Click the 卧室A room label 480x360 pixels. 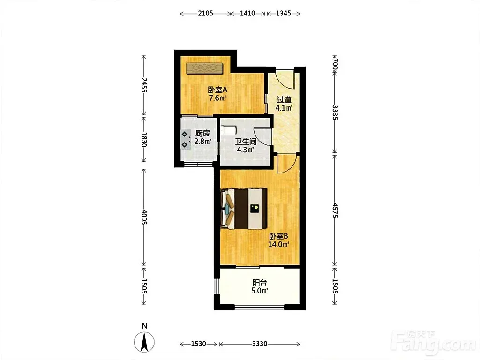(x=217, y=90)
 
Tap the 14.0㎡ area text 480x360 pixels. (x=279, y=244)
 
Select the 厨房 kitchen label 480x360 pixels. (x=202, y=134)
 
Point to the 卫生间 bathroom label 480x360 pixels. (x=246, y=142)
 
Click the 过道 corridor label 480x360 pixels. (x=284, y=100)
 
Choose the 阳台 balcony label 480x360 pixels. (x=260, y=282)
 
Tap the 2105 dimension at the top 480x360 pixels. (x=205, y=14)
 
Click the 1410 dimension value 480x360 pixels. (x=247, y=14)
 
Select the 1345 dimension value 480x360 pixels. (x=284, y=14)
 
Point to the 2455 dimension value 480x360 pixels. (x=144, y=85)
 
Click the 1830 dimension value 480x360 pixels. (x=144, y=140)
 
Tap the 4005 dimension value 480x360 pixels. (x=144, y=217)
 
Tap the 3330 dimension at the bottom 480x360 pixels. (x=260, y=344)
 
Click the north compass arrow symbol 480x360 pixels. (x=144, y=342)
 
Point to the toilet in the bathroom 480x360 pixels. (x=228, y=130)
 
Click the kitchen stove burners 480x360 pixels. (x=185, y=139)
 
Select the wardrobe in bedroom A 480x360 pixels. (x=204, y=68)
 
